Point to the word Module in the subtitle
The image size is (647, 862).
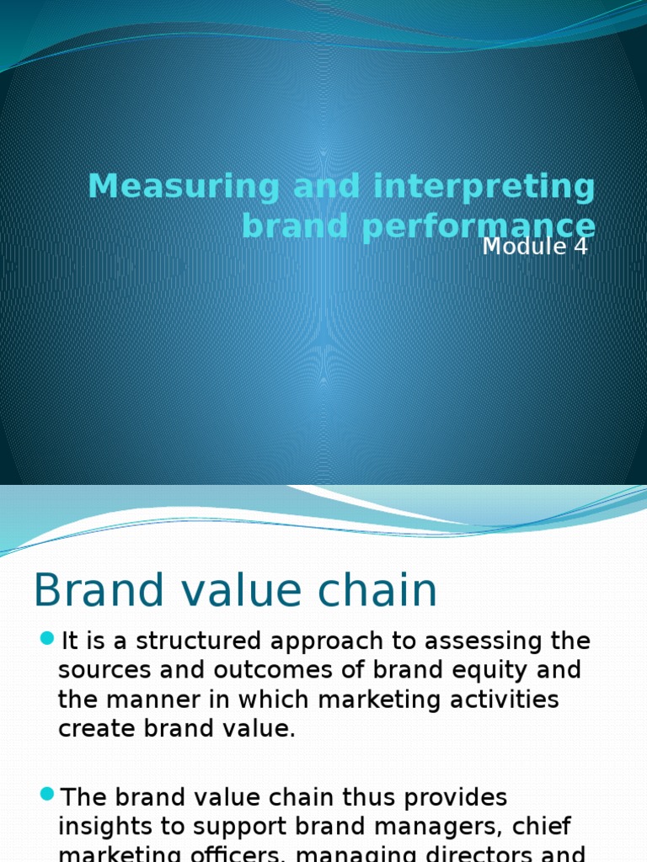(x=521, y=247)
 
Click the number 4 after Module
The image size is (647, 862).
(x=579, y=247)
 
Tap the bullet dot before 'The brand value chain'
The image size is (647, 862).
(x=46, y=795)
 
